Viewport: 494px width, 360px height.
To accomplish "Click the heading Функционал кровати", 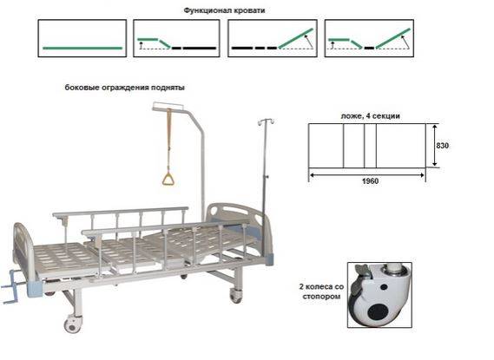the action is coord(224,10).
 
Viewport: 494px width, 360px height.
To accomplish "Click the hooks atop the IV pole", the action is coord(266,121).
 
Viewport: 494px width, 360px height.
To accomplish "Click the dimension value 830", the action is coord(442,146).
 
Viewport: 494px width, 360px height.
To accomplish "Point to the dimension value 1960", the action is coord(370,181).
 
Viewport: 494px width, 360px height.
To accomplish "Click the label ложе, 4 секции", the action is coord(370,116).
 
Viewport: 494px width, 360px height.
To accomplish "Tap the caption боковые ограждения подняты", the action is coord(124,88).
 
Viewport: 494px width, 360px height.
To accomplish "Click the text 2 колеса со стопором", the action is coord(321,291).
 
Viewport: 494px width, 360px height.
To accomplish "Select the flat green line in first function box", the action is coord(82,49).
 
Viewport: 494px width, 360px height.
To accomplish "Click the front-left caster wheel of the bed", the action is coord(72,324).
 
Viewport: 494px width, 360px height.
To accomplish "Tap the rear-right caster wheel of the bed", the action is coord(235,295).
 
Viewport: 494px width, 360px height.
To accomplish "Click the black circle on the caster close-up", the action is coord(378,312).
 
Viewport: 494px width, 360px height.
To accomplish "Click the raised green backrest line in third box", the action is coord(296,39).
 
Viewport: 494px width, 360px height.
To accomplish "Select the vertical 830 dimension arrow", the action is coord(435,145).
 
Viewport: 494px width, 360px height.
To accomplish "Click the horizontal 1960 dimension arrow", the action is coord(366,175).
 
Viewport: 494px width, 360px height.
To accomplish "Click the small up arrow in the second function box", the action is coord(142,46).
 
